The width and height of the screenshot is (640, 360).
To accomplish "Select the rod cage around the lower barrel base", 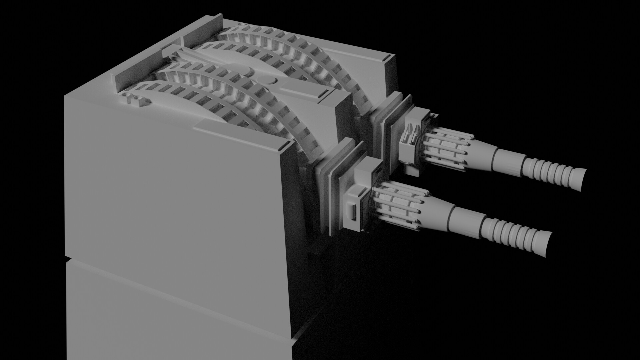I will (397, 208).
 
